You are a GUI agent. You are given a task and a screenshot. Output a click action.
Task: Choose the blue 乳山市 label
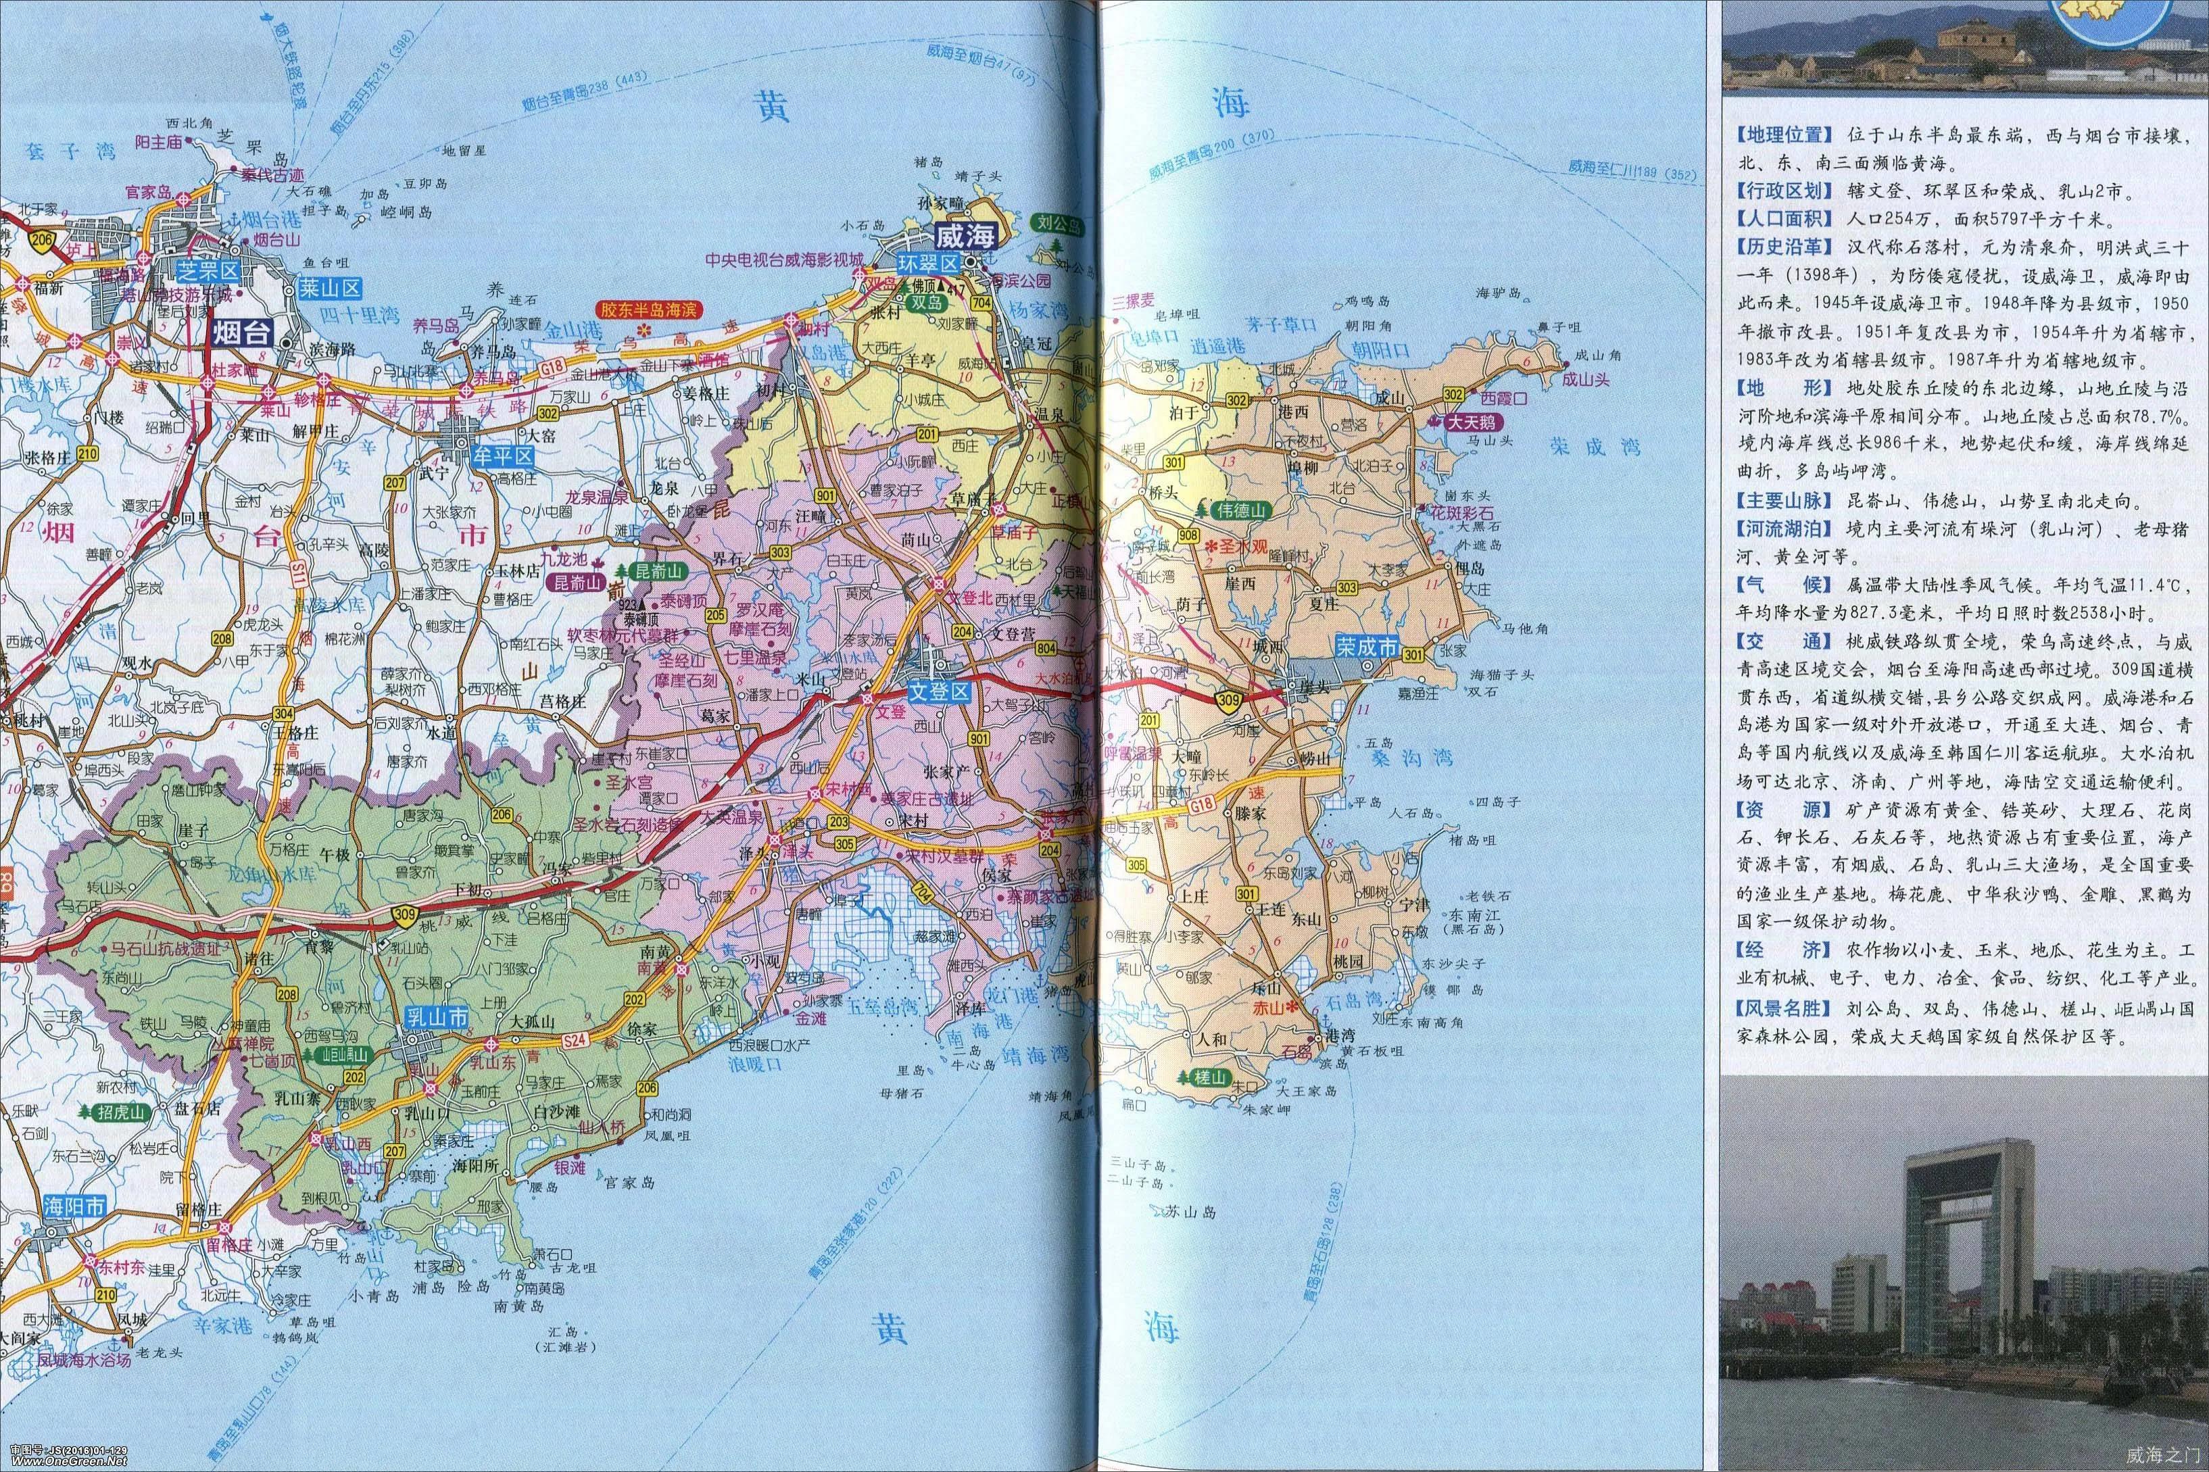point(435,1016)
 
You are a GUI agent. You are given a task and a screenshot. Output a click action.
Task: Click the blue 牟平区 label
point(502,456)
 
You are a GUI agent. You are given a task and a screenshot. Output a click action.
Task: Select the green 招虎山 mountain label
point(123,1113)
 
